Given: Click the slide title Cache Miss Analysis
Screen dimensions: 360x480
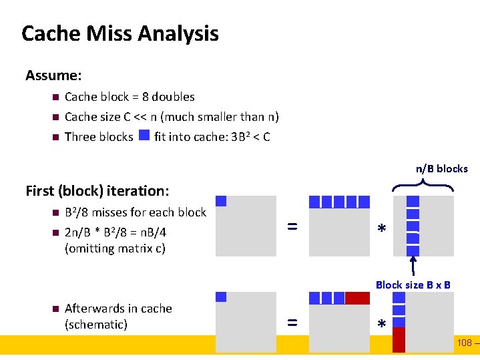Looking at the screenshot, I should point(120,33).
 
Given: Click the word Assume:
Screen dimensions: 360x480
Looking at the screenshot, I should point(53,75).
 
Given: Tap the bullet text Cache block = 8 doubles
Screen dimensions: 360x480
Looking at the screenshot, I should point(130,97).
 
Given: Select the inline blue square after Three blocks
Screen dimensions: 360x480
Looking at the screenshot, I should point(144,136).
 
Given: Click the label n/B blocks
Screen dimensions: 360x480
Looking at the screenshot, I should point(442,168).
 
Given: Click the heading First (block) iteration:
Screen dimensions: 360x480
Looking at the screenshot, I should point(97,191).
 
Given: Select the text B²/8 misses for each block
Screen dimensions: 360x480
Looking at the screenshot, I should point(136,212).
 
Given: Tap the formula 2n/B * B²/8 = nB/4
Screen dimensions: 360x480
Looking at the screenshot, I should point(115,232).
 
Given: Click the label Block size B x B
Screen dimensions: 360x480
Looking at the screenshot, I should point(413,285).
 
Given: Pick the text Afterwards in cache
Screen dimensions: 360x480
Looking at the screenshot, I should point(118,309).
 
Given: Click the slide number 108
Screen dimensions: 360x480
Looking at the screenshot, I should point(464,343).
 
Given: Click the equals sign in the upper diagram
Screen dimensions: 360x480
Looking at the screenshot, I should point(292,227).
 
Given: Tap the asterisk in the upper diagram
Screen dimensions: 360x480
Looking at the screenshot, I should point(381,229).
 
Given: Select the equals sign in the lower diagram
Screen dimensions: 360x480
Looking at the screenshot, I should point(292,323).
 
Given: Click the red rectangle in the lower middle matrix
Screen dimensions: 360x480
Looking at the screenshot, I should point(357,298).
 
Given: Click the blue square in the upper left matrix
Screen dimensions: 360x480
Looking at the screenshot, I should point(221,201).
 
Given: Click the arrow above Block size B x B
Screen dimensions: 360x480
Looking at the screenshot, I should point(413,264).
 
